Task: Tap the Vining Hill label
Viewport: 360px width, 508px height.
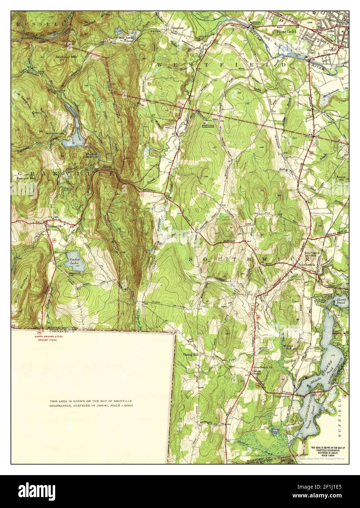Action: point(190,355)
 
